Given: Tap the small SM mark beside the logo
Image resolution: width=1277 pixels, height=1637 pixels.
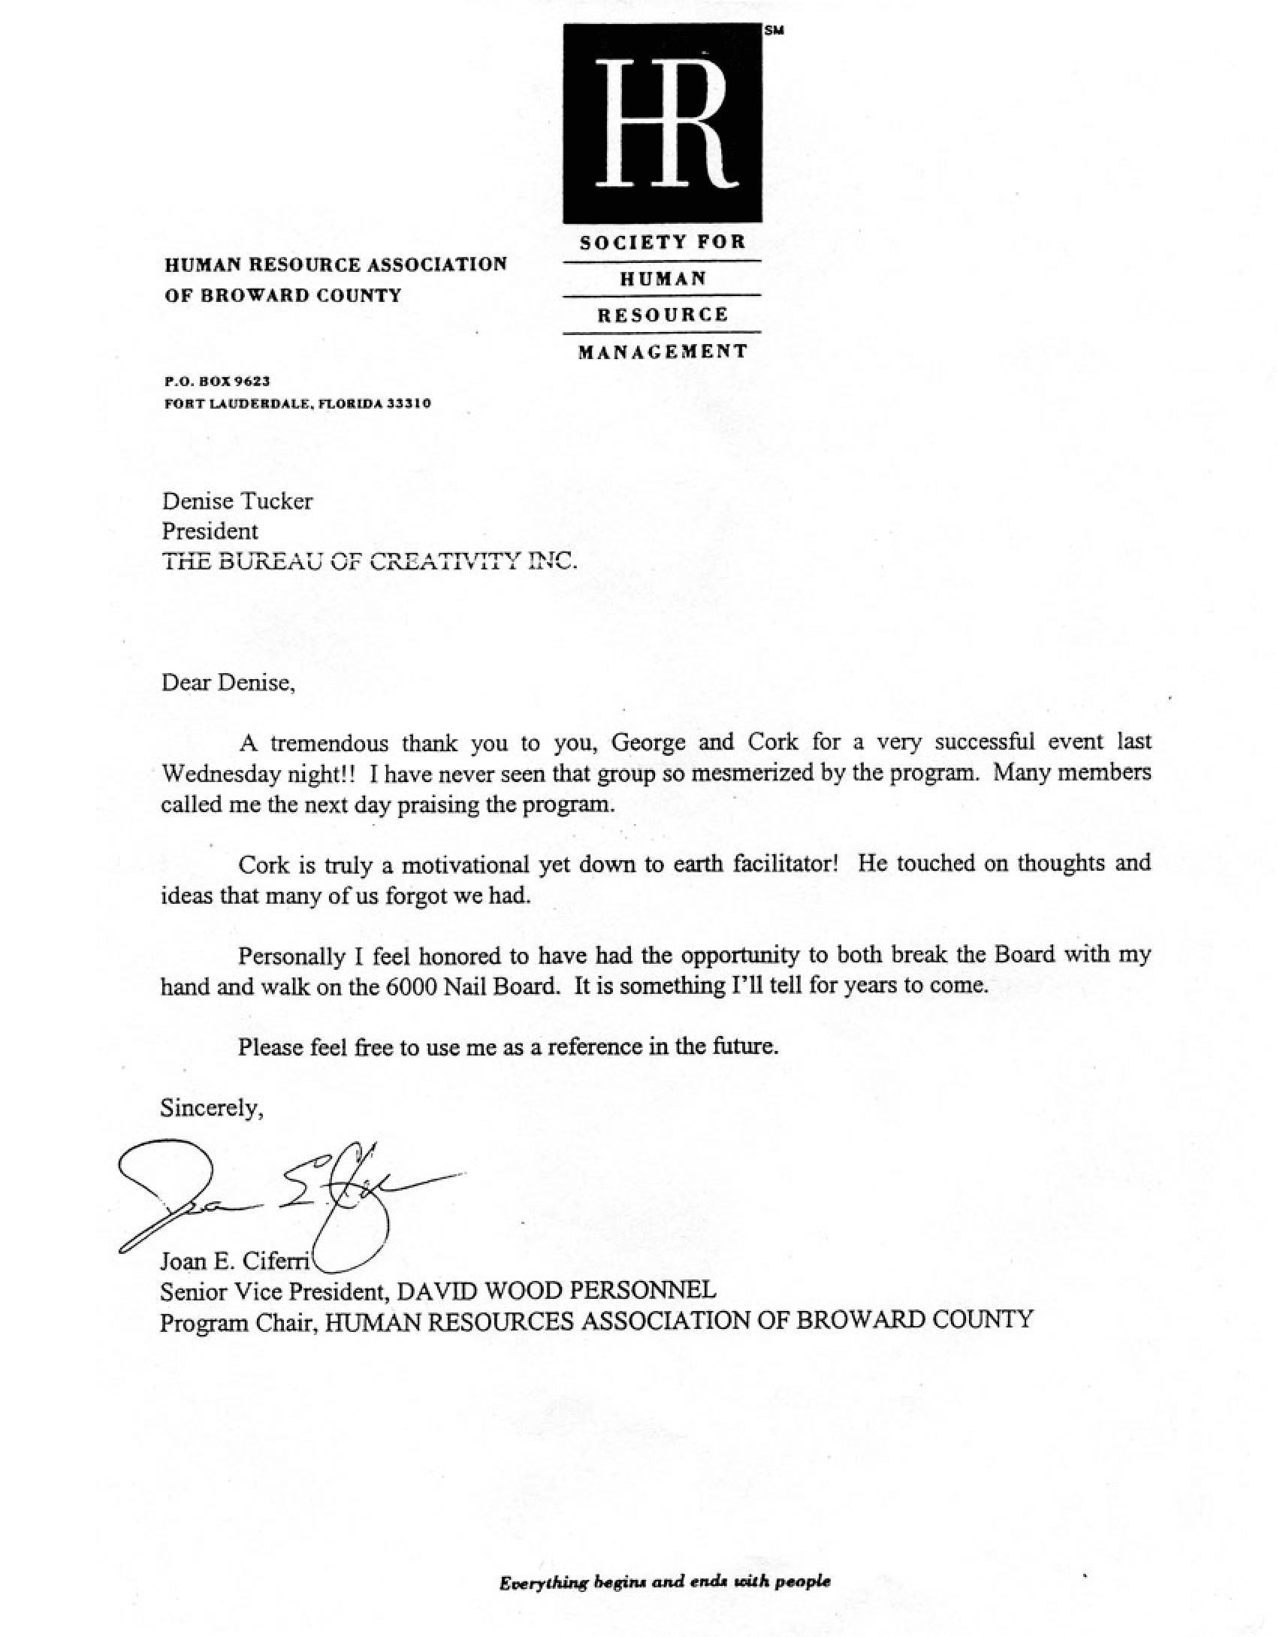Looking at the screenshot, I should click(x=774, y=31).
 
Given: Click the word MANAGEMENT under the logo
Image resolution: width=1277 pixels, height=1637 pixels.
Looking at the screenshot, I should click(x=663, y=352).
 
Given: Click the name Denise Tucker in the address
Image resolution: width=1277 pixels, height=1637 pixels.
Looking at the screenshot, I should click(x=237, y=501).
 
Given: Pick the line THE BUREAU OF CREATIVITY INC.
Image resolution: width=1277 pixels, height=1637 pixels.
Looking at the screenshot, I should click(x=370, y=561).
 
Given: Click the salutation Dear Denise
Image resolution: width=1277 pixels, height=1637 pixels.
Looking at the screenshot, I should click(x=227, y=683).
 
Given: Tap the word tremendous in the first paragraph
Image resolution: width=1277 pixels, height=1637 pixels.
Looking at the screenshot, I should click(x=328, y=744).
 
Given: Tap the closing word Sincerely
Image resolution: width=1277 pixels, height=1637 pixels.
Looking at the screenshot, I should click(x=211, y=1108).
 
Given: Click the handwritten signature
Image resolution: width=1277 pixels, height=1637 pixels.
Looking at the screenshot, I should click(x=285, y=1195).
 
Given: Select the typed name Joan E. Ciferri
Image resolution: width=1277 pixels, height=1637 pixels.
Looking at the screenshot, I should click(x=235, y=1260).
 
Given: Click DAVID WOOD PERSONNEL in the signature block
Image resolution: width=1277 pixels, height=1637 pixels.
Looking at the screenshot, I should click(x=556, y=1291).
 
